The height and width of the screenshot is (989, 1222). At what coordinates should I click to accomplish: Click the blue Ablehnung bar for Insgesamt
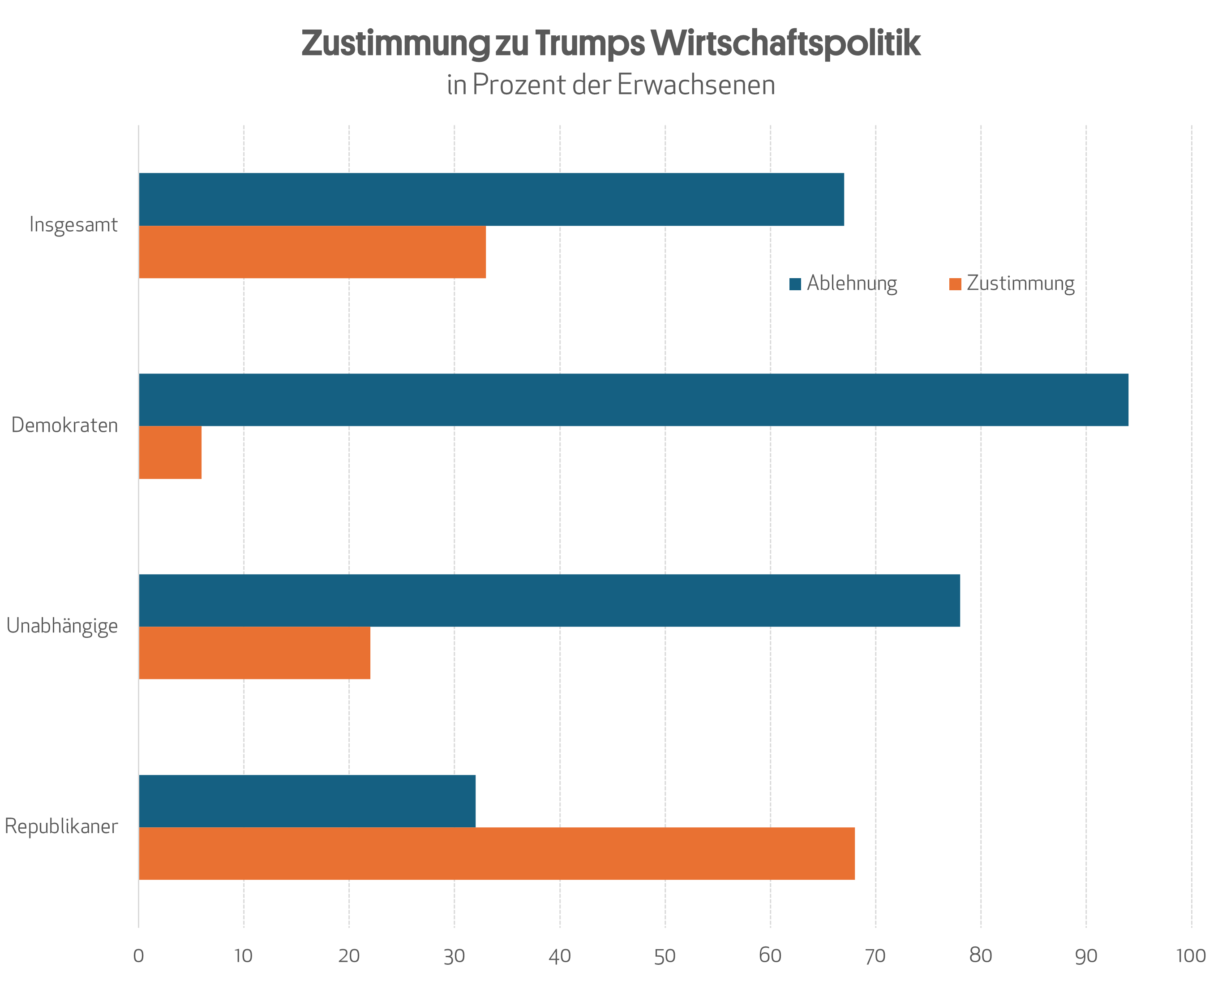click(x=491, y=199)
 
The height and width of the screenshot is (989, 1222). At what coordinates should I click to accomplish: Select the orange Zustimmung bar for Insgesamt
click(x=312, y=252)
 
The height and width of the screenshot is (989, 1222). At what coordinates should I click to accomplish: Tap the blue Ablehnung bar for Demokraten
click(x=633, y=400)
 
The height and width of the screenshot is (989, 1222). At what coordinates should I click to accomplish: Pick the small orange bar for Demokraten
click(x=170, y=452)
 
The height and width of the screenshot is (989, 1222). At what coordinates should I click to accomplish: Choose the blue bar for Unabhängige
click(x=549, y=601)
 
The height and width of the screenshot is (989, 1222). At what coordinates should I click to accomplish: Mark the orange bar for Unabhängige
click(x=254, y=653)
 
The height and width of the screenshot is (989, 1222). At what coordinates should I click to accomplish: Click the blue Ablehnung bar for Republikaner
click(x=307, y=801)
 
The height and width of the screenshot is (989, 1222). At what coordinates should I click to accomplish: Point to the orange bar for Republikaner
click(x=497, y=853)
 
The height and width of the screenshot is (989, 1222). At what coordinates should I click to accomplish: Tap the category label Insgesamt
click(x=73, y=225)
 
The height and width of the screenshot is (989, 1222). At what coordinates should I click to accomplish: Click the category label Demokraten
click(x=64, y=426)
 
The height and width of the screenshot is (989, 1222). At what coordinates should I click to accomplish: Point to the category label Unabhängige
click(x=62, y=626)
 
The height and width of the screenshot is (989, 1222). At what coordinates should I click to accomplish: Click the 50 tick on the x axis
click(x=665, y=956)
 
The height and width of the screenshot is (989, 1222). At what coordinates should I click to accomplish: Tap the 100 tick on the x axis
click(x=1191, y=956)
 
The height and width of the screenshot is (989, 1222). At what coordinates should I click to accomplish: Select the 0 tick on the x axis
click(x=138, y=956)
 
